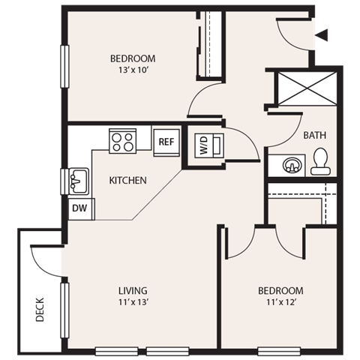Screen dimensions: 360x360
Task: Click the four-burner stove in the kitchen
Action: (x=123, y=141)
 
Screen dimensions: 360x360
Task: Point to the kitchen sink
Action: (x=77, y=181)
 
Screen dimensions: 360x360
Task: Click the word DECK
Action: (x=40, y=309)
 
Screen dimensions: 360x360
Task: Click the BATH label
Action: (x=313, y=136)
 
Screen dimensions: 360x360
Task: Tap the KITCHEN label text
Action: (x=127, y=181)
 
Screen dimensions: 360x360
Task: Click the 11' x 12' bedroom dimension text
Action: (x=280, y=302)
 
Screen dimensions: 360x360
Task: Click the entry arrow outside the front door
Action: (x=323, y=34)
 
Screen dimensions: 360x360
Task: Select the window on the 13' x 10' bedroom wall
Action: (x=64, y=67)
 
